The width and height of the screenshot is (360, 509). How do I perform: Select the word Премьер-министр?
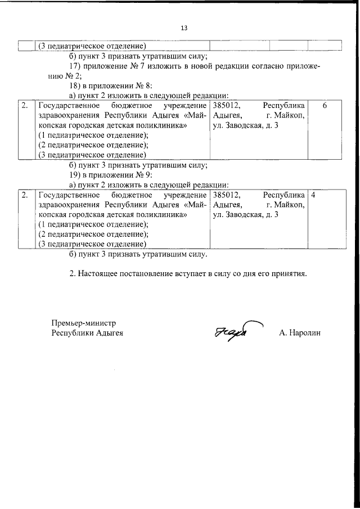[83, 323]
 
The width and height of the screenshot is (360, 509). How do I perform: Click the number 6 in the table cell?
[325, 105]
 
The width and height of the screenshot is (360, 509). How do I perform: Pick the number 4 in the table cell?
[313, 195]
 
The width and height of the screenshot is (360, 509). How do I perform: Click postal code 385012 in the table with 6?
[226, 105]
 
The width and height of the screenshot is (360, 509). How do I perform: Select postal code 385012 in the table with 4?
[226, 195]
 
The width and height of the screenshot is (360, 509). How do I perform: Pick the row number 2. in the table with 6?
[25, 105]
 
